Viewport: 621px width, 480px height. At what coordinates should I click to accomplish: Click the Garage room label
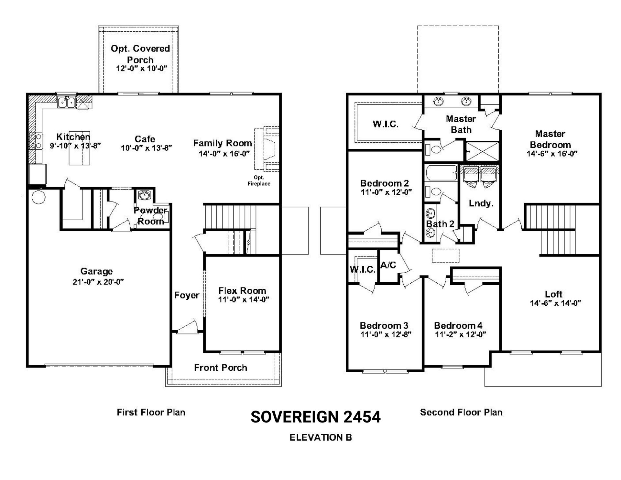point(96,271)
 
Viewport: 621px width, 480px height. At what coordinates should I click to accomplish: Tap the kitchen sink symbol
point(67,102)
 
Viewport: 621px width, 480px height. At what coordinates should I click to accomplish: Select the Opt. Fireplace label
point(259,180)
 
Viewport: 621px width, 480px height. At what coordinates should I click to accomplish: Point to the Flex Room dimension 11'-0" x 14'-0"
point(243,300)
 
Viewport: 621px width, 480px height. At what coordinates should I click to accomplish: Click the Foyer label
point(187,295)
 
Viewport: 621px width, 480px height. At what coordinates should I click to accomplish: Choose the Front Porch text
point(221,367)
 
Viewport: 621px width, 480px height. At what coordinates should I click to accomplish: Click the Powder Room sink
point(144,195)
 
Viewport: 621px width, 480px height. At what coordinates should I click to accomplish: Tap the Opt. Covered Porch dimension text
point(141,69)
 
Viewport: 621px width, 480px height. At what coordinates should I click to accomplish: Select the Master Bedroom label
point(550,139)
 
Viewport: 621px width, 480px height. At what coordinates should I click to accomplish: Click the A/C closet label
point(388,265)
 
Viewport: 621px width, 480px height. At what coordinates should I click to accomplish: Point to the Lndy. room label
point(481,203)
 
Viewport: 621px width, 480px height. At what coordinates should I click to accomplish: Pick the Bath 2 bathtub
point(441,173)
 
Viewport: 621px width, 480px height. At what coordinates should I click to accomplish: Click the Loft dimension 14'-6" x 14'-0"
point(555,303)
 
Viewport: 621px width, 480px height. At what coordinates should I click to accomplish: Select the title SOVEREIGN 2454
point(316,417)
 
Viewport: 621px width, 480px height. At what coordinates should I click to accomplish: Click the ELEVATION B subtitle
point(321,437)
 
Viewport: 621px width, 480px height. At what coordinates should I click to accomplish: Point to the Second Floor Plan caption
point(461,412)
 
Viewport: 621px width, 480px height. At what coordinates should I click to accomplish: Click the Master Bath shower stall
point(482,151)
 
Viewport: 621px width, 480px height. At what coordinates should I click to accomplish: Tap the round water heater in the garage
point(39,197)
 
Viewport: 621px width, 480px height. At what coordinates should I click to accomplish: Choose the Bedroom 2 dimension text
point(386,192)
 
